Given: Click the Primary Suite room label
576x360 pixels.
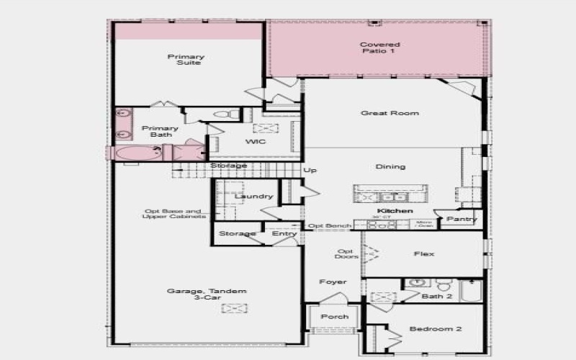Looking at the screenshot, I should pos(186,60).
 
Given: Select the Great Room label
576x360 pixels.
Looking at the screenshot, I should pos(390,113).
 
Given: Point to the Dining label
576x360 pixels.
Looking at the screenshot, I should pos(390,167).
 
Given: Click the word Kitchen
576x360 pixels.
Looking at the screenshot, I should pos(395,211).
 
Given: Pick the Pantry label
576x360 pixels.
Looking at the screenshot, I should pos(461,219).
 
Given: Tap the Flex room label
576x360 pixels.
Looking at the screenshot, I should pos(424,254).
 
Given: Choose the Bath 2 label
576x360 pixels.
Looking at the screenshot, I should pos(437,297).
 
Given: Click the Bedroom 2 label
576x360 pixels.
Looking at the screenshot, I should pos(436,329).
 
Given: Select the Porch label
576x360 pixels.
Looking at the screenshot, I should pos(335,317).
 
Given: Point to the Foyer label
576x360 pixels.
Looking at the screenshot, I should pos(333,282).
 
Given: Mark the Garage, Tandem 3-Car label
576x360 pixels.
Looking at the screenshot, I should pos(207,295).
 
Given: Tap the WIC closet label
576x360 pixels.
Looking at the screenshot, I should pos(256,142).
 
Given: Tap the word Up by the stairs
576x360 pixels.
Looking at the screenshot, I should pos(310,171).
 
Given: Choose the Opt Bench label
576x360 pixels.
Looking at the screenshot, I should pos(329,226).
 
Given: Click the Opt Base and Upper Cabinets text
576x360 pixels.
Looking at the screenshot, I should pos(174,214).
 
